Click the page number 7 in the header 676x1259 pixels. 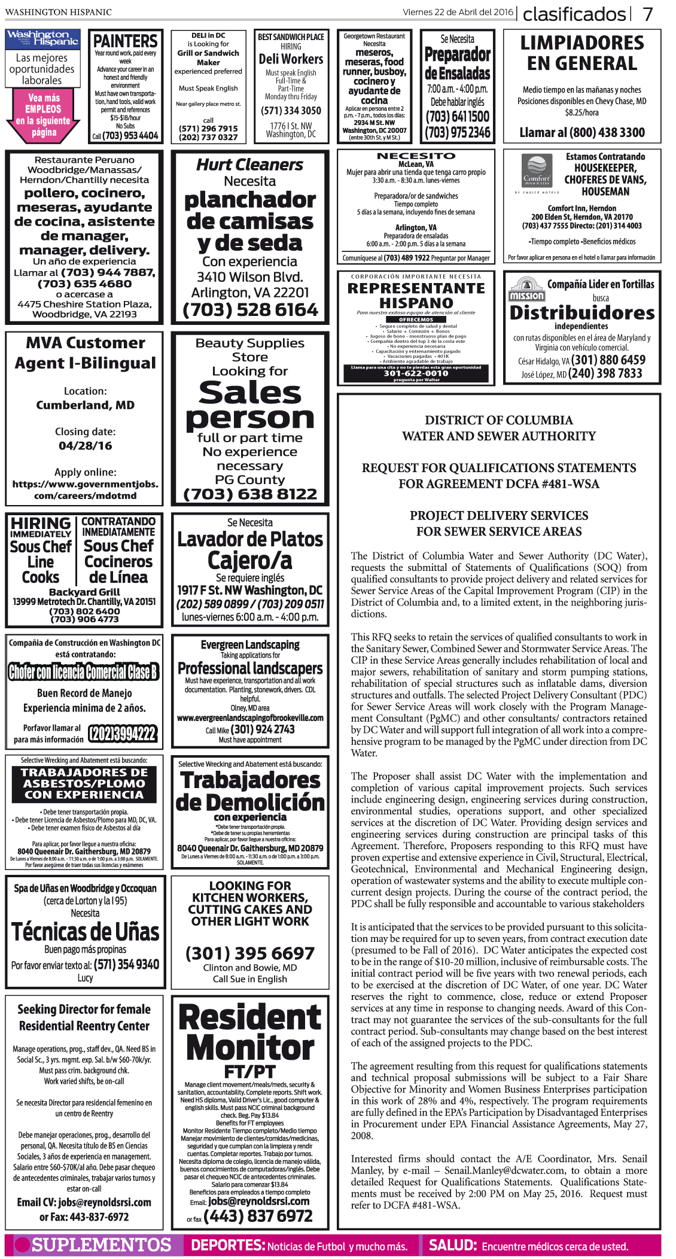point(648,13)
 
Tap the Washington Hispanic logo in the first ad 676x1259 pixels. point(42,39)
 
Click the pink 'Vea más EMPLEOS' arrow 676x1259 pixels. point(43,115)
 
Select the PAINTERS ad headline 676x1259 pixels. point(126,41)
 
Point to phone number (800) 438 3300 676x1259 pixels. point(582,133)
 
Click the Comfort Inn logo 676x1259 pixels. point(537,172)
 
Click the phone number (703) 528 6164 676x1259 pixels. point(250,310)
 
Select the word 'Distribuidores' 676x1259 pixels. point(582,312)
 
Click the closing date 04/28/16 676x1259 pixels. point(85,446)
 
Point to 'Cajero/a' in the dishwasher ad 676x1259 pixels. point(250,561)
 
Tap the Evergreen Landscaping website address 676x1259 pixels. point(250,717)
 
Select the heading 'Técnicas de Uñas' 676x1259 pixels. point(85,931)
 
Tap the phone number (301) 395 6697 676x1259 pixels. point(250,953)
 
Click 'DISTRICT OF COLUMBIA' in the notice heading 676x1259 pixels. point(499,420)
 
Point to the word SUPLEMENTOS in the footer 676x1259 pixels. point(101,1245)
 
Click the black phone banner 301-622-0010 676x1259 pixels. point(416,373)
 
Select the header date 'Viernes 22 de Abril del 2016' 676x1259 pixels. point(458,12)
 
